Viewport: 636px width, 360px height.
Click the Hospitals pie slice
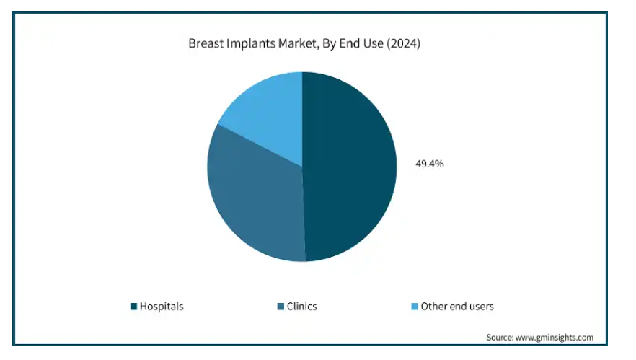349,167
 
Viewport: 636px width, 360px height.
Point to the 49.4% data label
430,164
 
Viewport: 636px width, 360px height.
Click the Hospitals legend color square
133,307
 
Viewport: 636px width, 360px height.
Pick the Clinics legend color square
281,307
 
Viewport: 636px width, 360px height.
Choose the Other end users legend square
415,307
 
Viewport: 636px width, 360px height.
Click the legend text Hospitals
162,307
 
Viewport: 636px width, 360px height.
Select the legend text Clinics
301,307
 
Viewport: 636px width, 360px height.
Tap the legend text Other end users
457,307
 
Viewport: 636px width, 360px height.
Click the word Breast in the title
206,43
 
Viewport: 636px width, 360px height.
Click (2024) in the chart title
403,44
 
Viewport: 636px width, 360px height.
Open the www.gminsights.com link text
554,338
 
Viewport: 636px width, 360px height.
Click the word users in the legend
481,307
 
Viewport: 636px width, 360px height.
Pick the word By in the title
329,44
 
